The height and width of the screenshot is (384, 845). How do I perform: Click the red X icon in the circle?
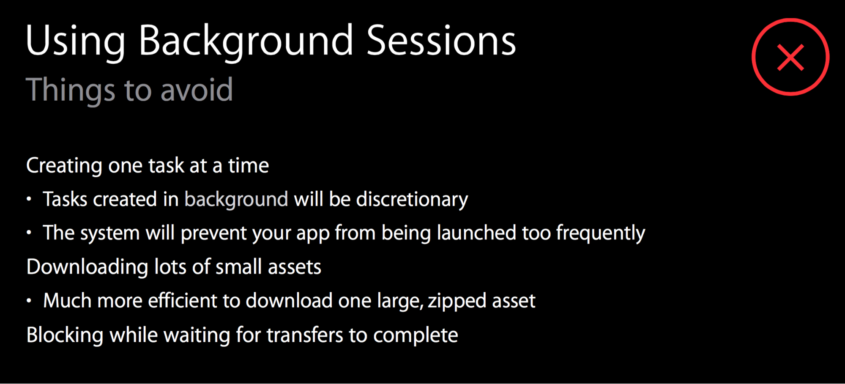[790, 57]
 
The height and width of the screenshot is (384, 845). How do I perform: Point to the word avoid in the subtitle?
[197, 90]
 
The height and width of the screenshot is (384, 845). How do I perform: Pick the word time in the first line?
[249, 165]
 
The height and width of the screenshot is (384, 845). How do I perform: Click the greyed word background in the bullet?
[236, 200]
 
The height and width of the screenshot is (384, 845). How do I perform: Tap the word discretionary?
[412, 200]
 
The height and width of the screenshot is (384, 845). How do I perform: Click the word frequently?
[601, 233]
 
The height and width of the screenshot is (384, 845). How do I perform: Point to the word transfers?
[305, 335]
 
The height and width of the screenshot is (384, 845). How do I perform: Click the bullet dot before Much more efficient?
[29, 301]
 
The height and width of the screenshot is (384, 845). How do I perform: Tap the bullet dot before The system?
[29, 233]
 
